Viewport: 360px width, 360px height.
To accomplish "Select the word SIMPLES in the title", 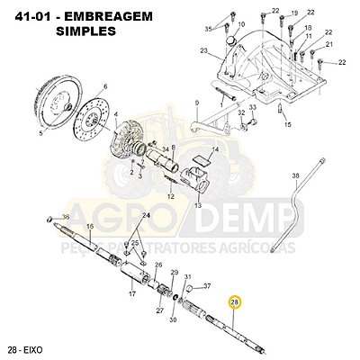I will (85, 30).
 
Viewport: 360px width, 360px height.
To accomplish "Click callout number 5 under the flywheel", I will (40, 132).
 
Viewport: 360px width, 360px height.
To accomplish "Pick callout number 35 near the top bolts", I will (209, 28).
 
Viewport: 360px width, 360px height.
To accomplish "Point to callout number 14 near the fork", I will (215, 148).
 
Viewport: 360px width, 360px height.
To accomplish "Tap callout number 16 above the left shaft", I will (89, 226).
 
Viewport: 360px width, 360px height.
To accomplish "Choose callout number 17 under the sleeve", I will (131, 293).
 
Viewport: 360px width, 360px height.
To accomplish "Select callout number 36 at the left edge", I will (66, 218).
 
